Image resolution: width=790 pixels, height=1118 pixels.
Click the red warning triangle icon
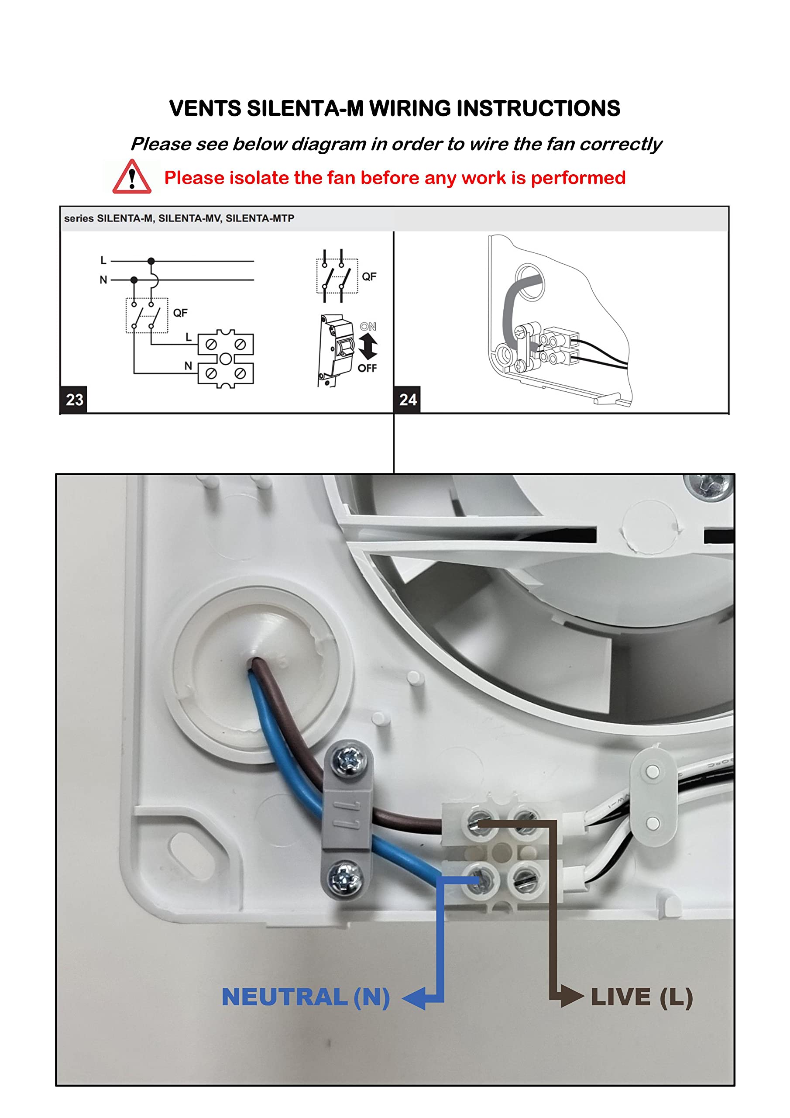(131, 178)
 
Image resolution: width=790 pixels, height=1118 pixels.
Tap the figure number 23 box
(74, 400)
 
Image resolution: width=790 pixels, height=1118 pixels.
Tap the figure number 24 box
(407, 400)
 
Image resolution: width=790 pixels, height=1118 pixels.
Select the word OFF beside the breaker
(367, 368)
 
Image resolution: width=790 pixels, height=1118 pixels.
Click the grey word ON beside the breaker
(368, 327)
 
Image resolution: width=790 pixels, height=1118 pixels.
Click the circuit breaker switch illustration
(336, 350)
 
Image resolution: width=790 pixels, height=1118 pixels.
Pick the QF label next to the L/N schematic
(180, 313)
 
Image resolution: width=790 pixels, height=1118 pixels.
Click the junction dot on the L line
(151, 261)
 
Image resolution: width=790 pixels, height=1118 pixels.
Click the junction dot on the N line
(134, 280)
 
